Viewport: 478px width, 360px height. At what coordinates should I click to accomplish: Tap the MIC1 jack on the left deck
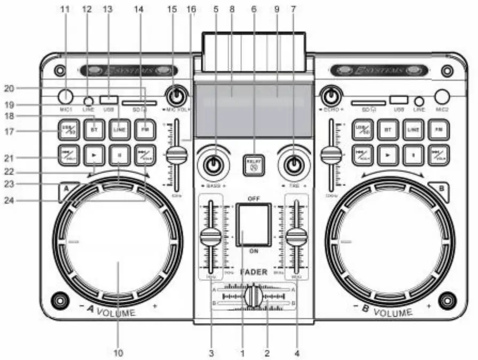[65, 97]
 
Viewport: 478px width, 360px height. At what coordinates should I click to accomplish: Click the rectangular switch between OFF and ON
[253, 225]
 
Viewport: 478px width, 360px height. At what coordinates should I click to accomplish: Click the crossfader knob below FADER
[254, 298]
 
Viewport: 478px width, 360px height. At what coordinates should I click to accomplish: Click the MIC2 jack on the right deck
[442, 97]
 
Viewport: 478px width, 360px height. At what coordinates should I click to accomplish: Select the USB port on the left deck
[108, 99]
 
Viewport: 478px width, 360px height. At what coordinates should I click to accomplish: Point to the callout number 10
[118, 353]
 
